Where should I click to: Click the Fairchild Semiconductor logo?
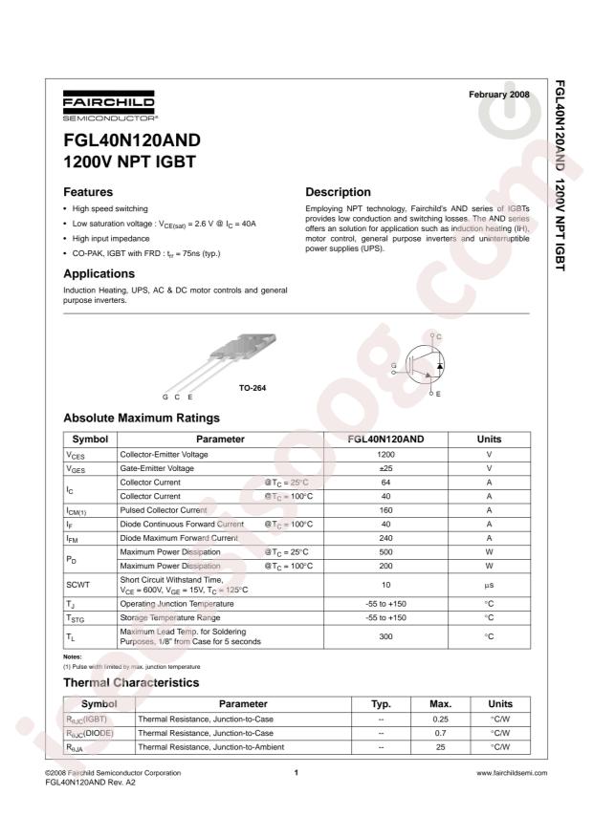[108, 107]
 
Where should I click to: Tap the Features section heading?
[88, 192]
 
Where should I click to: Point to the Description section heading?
[338, 192]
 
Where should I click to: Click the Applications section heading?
[105, 273]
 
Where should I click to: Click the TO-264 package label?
[253, 390]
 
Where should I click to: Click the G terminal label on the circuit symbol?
[393, 366]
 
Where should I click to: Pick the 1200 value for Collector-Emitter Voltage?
[385, 456]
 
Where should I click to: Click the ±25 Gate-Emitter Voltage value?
[385, 469]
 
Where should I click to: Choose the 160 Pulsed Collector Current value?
[385, 510]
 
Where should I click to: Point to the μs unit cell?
[489, 584]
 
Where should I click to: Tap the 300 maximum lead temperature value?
[385, 636]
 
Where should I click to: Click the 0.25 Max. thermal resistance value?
[442, 719]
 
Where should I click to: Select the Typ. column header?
[382, 703]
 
